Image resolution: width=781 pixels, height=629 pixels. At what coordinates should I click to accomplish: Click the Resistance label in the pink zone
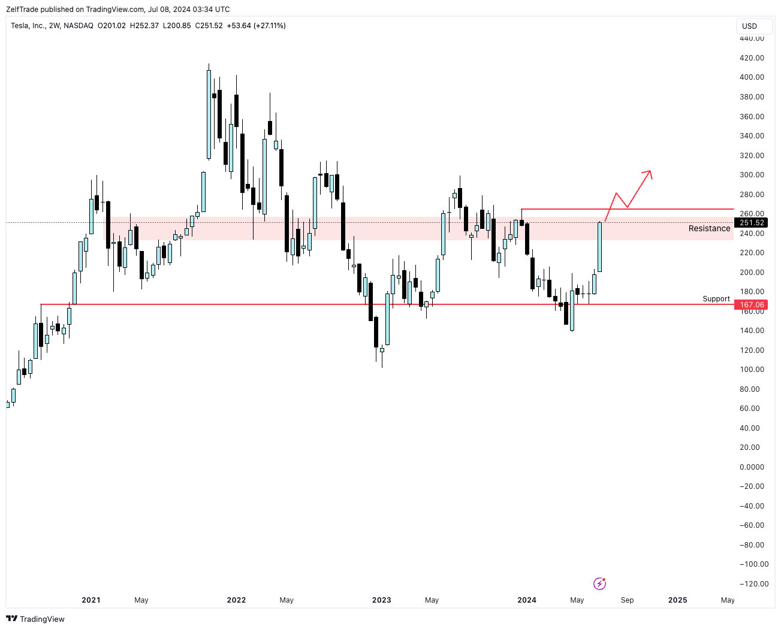coord(709,228)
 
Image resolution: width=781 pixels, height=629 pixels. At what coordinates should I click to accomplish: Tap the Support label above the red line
coord(716,299)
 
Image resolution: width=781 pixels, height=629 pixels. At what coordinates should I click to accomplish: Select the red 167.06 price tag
coord(752,305)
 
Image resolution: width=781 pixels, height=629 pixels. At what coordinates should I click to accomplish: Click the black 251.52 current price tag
coord(752,223)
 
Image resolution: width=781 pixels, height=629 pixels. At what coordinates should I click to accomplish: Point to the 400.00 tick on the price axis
coord(752,77)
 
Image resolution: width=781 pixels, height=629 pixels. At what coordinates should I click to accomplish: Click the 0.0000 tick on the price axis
coord(752,467)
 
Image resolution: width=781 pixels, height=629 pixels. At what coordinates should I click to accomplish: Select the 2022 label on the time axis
coord(236,600)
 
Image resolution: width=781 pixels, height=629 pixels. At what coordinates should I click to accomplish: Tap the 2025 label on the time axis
coord(678,600)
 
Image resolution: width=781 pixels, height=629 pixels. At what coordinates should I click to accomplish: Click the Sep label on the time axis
coord(627,600)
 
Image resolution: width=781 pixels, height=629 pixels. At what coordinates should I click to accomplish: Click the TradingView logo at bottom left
coord(35,619)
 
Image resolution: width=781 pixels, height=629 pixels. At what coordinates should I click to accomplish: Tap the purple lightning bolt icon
coord(599,583)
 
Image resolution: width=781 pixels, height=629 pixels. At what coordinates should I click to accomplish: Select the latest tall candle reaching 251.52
coord(599,247)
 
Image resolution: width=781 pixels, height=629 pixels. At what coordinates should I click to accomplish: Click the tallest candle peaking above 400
coord(209,114)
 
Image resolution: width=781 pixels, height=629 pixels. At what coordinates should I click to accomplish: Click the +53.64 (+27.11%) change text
coord(257,26)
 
